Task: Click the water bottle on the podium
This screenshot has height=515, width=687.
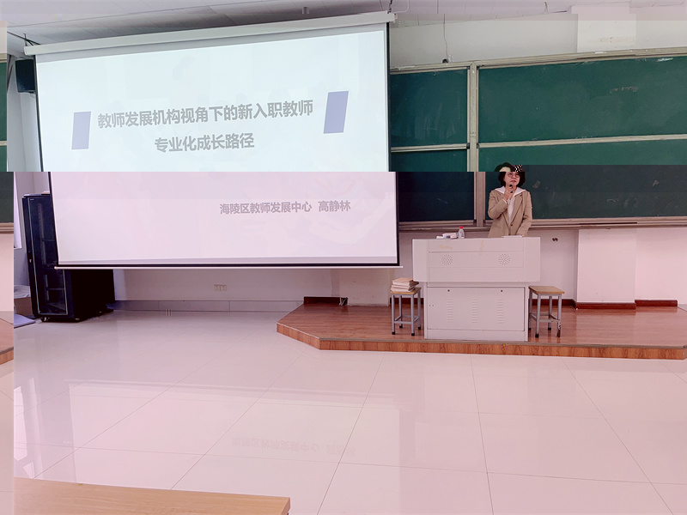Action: click(460, 233)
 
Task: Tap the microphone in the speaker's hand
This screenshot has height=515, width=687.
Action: click(511, 189)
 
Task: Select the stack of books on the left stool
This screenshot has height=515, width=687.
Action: click(404, 285)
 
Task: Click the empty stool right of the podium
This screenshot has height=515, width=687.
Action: click(545, 310)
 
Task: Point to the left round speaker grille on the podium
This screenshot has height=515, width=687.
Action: click(447, 260)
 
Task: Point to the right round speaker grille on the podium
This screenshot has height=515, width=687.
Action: click(504, 259)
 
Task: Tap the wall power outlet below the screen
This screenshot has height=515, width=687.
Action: click(221, 288)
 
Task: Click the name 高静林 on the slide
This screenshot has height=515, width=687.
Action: click(334, 206)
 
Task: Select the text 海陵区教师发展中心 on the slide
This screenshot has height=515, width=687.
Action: click(265, 208)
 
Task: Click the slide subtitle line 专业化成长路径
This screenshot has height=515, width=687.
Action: click(204, 143)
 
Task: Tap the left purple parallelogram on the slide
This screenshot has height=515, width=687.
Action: click(82, 130)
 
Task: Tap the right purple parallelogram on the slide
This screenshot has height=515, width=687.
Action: click(336, 112)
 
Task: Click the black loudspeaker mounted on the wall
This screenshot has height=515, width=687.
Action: click(26, 76)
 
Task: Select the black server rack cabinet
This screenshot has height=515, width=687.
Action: click(66, 258)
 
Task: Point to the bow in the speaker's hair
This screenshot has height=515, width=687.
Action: click(520, 168)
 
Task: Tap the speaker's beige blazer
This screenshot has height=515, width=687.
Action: click(510, 213)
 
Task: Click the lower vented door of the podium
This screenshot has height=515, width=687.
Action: click(476, 309)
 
